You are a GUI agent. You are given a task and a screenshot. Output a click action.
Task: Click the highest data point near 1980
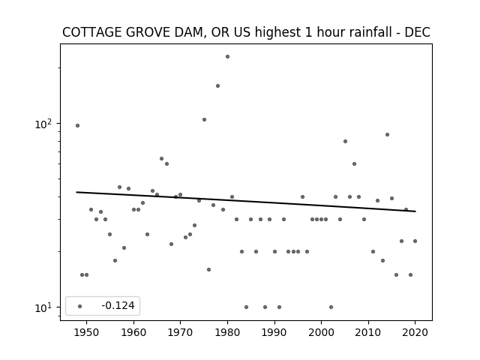click(x=227, y=57)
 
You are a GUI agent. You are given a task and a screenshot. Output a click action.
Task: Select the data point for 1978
click(x=218, y=86)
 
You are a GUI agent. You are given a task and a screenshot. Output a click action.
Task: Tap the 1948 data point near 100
click(x=77, y=125)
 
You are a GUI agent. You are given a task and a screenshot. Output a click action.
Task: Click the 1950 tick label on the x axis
click(x=87, y=332)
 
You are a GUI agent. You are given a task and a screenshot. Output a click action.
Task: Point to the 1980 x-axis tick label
click(x=227, y=332)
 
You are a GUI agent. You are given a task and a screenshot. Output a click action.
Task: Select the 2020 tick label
click(x=415, y=332)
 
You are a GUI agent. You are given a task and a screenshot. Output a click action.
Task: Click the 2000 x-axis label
click(x=322, y=332)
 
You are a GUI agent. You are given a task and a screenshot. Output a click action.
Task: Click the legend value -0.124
click(x=118, y=305)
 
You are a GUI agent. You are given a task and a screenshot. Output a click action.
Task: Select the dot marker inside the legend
click(x=80, y=306)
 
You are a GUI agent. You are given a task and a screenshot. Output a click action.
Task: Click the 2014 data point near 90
click(x=387, y=135)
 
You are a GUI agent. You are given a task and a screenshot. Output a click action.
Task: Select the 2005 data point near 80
click(x=345, y=142)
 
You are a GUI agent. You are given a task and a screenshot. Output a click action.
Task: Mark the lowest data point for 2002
click(x=331, y=307)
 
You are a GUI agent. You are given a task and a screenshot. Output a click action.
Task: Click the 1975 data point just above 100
click(x=204, y=120)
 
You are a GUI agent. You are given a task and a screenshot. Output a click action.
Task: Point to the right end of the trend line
click(x=415, y=211)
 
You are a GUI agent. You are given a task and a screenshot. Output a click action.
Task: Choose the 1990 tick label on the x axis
click(x=274, y=332)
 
